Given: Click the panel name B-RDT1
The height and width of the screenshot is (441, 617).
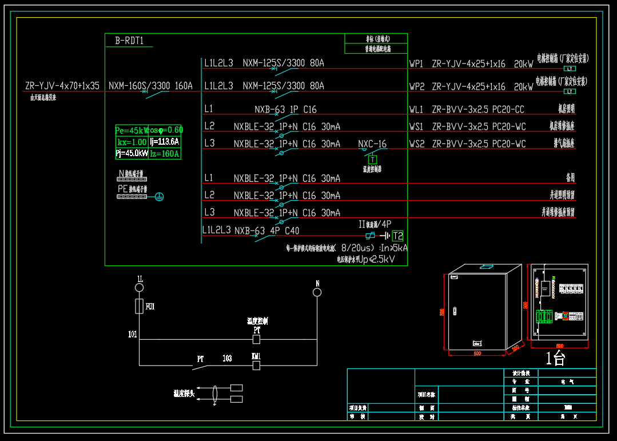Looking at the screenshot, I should tap(129, 41).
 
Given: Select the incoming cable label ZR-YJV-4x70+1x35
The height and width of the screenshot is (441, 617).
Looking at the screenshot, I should tap(62, 86).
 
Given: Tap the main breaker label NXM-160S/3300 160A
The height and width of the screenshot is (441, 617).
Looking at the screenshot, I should tap(150, 86).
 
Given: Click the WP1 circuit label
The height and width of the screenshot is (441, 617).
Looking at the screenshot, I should tap(416, 63).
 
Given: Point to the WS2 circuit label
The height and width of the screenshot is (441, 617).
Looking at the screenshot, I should tap(416, 144).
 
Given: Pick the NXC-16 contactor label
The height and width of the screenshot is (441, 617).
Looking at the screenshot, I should tap(372, 144).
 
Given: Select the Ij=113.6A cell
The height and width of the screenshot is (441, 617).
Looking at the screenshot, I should tap(165, 142).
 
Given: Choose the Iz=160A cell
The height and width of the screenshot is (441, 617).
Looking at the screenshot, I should tap(165, 153).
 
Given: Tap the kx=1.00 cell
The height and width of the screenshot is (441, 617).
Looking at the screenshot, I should tap(132, 142).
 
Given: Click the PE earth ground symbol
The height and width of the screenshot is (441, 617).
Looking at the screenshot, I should tap(160, 197).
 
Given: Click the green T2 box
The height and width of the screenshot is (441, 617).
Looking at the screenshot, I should tap(398, 236).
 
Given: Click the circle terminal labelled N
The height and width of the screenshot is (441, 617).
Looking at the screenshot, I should tap(317, 292).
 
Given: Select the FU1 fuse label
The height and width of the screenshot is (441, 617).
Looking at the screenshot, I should tap(150, 307).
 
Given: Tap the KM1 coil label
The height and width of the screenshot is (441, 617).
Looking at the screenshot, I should tap(256, 356).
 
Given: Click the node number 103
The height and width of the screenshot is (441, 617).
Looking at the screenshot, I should tap(227, 359).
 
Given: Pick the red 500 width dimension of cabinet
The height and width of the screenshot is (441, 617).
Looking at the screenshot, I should tap(477, 353).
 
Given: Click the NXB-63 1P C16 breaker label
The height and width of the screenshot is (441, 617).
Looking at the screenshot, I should tap(285, 109).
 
